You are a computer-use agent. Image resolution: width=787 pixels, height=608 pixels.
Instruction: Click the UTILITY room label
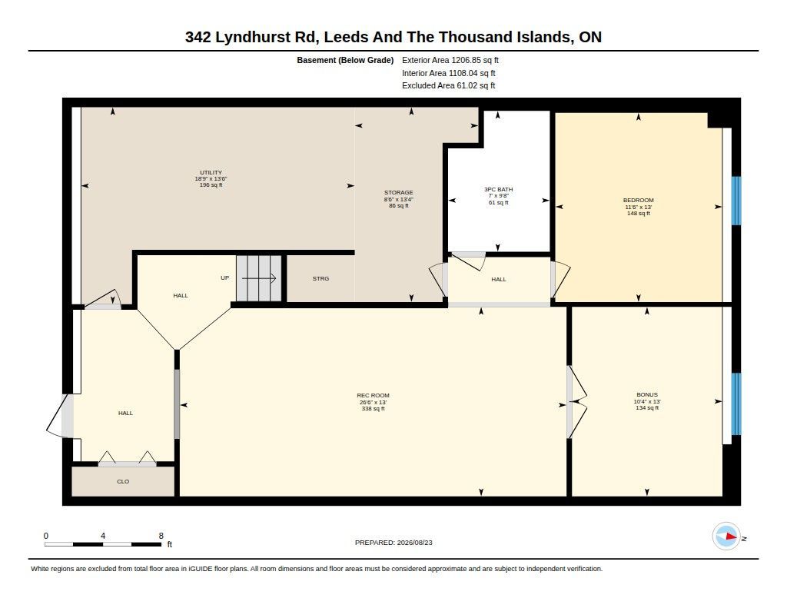211,173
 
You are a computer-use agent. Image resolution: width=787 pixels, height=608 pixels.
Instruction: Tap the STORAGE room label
399,192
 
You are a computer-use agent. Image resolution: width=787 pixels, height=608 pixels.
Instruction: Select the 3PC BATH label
498,189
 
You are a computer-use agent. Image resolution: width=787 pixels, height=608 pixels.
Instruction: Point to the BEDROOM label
639,201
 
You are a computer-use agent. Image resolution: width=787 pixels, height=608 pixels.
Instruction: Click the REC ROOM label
373,396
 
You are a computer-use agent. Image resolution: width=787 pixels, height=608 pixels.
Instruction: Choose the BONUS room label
647,394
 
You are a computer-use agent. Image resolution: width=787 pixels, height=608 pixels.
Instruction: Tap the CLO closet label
123,481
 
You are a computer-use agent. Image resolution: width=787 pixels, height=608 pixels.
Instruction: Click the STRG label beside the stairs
320,279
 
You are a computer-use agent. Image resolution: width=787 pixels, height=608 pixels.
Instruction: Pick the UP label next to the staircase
225,277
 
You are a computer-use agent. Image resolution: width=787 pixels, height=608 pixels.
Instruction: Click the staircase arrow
259,278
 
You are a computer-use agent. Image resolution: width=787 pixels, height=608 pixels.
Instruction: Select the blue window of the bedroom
736,201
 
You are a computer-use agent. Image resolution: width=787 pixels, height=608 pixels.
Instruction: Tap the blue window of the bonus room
736,404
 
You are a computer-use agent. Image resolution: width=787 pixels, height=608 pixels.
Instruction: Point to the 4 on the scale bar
103,536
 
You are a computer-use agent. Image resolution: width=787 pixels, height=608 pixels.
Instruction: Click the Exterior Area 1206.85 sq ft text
450,60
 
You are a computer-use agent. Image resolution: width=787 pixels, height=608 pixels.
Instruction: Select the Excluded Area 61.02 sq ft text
449,86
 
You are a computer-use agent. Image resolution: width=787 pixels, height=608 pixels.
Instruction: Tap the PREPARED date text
393,543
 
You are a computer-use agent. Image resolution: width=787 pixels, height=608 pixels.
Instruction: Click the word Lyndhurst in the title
252,37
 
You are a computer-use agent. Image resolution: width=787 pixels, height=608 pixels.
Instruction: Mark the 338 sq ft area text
373,409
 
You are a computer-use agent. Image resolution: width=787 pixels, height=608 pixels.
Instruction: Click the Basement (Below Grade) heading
345,60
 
